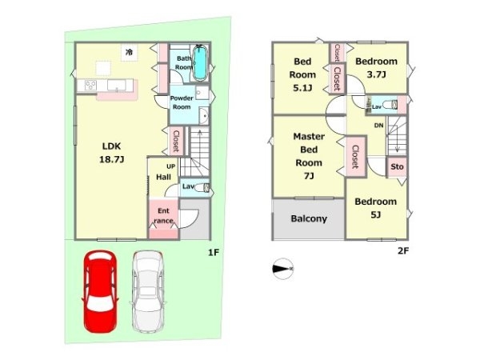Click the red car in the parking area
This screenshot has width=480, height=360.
click(100, 292)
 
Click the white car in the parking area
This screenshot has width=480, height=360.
click(148, 292)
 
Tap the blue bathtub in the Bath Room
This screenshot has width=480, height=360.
click(201, 62)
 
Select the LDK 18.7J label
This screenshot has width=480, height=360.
click(111, 153)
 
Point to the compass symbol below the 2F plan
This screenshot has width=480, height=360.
click(283, 269)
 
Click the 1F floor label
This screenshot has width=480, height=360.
click(214, 253)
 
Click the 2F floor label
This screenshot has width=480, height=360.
click(403, 251)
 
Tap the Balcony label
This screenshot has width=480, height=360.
click(309, 218)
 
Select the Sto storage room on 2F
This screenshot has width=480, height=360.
click(397, 167)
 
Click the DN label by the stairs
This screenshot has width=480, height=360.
click(378, 126)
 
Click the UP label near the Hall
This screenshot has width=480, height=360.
click(171, 166)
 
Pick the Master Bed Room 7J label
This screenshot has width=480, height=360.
click(309, 156)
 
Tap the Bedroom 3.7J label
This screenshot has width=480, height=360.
click(376, 68)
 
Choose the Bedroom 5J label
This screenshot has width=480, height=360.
click(376, 208)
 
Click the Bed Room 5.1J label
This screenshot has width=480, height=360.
click(302, 74)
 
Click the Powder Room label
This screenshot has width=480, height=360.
click(182, 102)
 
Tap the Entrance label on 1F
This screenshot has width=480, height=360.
click(163, 215)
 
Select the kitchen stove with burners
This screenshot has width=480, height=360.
click(90, 85)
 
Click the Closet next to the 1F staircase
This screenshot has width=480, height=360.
click(176, 141)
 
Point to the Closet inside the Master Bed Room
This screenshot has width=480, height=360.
click(355, 157)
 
